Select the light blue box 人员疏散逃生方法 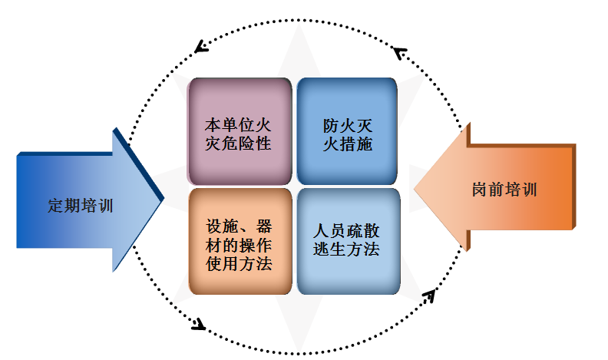(x=348, y=239)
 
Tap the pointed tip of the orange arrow (x=415, y=189)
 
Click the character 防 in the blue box (x=331, y=124)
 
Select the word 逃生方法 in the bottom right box (x=348, y=249)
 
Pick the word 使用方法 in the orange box (x=239, y=263)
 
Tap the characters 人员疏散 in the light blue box (x=348, y=230)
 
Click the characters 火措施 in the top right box (x=348, y=144)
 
